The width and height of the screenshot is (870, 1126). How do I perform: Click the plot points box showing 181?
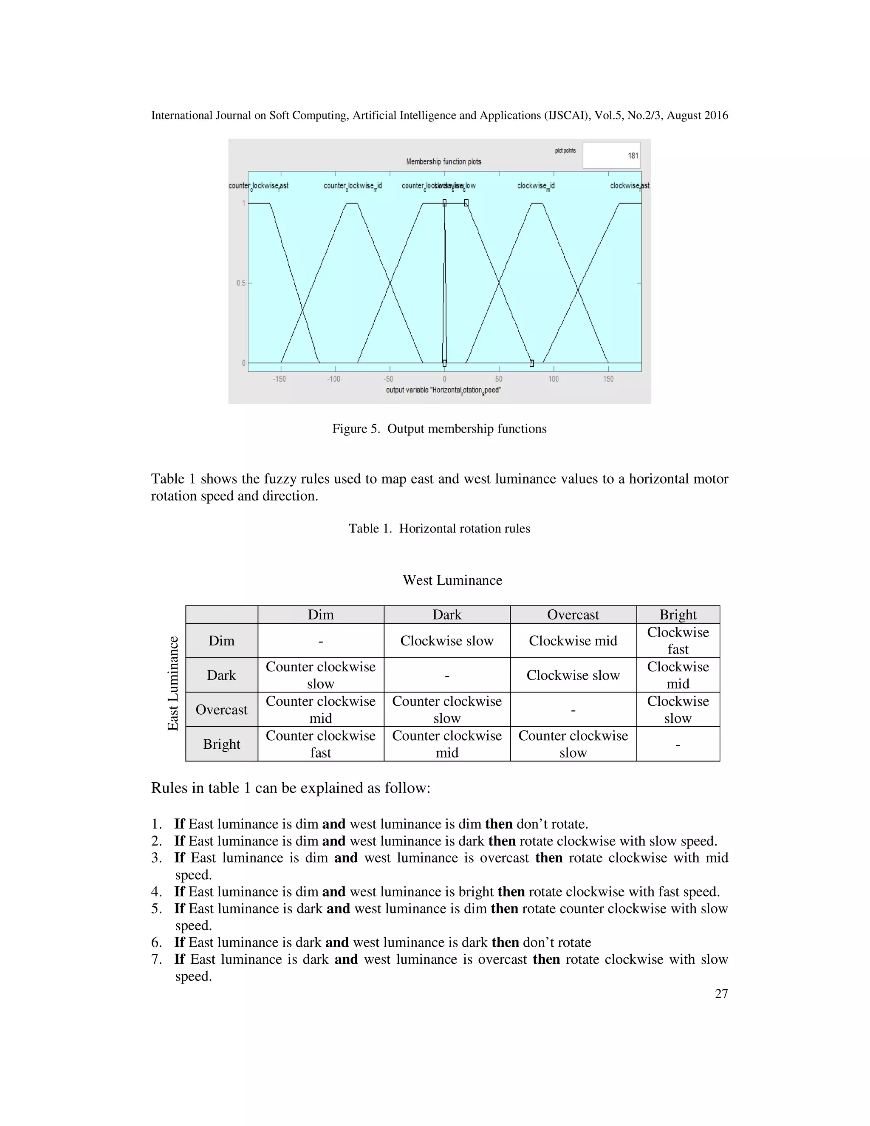[x=611, y=155]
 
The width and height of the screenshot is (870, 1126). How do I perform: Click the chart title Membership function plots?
[x=443, y=162]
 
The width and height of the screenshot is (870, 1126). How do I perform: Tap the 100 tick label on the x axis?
[x=553, y=379]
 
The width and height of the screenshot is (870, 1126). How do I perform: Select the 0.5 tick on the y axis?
[x=241, y=283]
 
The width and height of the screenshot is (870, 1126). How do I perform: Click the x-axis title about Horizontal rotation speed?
[x=443, y=390]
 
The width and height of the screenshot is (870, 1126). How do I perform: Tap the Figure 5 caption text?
[x=439, y=429]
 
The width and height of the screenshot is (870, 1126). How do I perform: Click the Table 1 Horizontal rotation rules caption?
[x=439, y=529]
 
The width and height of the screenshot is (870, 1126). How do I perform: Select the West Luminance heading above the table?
[x=452, y=580]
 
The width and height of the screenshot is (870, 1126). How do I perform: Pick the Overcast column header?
[x=573, y=614]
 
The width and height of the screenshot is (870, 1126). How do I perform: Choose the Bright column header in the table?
[x=678, y=614]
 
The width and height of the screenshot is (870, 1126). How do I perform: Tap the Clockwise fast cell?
[x=678, y=641]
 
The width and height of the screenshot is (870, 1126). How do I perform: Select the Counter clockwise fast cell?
[x=321, y=744]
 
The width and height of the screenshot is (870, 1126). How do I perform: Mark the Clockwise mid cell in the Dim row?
[x=573, y=641]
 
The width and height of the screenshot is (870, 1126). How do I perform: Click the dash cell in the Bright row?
[x=678, y=744]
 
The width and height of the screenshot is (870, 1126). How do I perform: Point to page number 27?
[x=721, y=993]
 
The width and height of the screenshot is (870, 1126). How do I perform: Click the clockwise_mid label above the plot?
[x=536, y=186]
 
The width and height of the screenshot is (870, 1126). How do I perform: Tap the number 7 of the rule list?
[x=156, y=959]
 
